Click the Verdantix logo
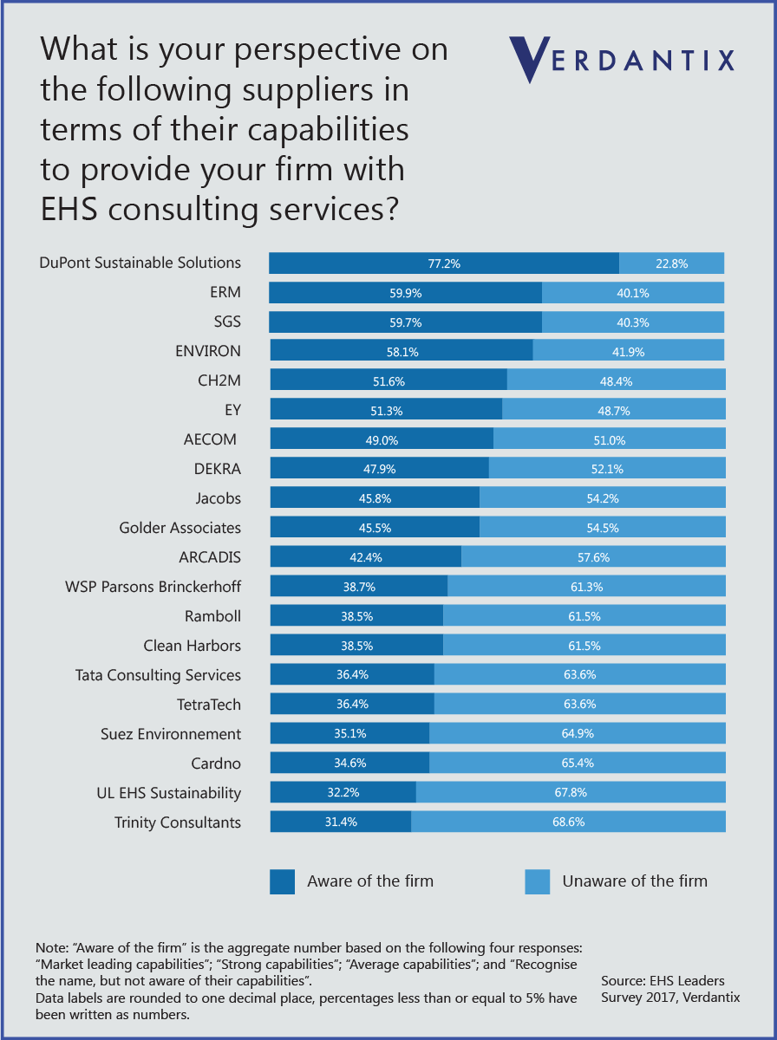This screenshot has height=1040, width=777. click(x=621, y=60)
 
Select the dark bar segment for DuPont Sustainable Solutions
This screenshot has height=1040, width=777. click(x=444, y=263)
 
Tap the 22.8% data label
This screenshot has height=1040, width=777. click(x=671, y=263)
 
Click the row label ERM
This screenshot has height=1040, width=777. click(x=225, y=292)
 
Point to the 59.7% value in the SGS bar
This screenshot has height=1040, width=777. click(x=405, y=322)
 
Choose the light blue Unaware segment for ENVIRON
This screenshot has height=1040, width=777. click(x=628, y=351)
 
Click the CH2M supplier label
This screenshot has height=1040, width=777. click(x=219, y=380)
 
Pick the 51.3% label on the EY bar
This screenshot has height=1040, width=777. click(x=387, y=411)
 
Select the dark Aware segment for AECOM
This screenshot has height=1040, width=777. click(x=382, y=439)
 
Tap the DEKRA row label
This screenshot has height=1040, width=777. click(x=218, y=469)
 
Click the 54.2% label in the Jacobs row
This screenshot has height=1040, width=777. click(x=603, y=498)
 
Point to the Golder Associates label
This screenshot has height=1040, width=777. click(x=180, y=528)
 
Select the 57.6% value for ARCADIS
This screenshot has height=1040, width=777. click(x=593, y=557)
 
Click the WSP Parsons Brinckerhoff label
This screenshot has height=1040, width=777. click(x=153, y=587)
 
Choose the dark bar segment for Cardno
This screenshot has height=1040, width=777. click(x=349, y=763)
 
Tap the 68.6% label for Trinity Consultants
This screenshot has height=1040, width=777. click(x=568, y=822)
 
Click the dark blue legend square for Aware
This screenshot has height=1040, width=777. click(x=282, y=881)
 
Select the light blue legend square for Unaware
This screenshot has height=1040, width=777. click(x=537, y=881)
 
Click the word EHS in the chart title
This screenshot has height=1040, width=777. click(x=69, y=210)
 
